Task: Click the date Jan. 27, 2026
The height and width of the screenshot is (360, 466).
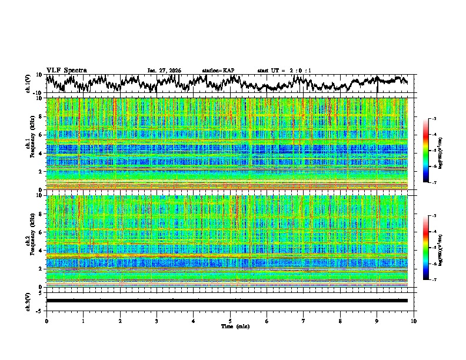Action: click(164, 71)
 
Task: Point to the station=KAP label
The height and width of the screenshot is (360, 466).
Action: click(218, 71)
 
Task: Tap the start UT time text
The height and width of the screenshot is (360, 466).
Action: click(284, 71)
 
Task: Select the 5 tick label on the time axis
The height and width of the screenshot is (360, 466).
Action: click(230, 321)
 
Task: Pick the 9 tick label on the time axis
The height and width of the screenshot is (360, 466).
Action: click(377, 321)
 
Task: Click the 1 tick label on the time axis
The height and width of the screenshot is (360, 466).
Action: click(83, 321)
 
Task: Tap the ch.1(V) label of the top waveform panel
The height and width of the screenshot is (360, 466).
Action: click(28, 84)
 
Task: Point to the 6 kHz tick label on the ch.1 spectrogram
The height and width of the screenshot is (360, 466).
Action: click(41, 135)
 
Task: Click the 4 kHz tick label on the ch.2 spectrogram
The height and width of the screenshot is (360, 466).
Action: click(41, 251)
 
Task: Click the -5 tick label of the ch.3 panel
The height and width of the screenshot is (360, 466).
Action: click(40, 310)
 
